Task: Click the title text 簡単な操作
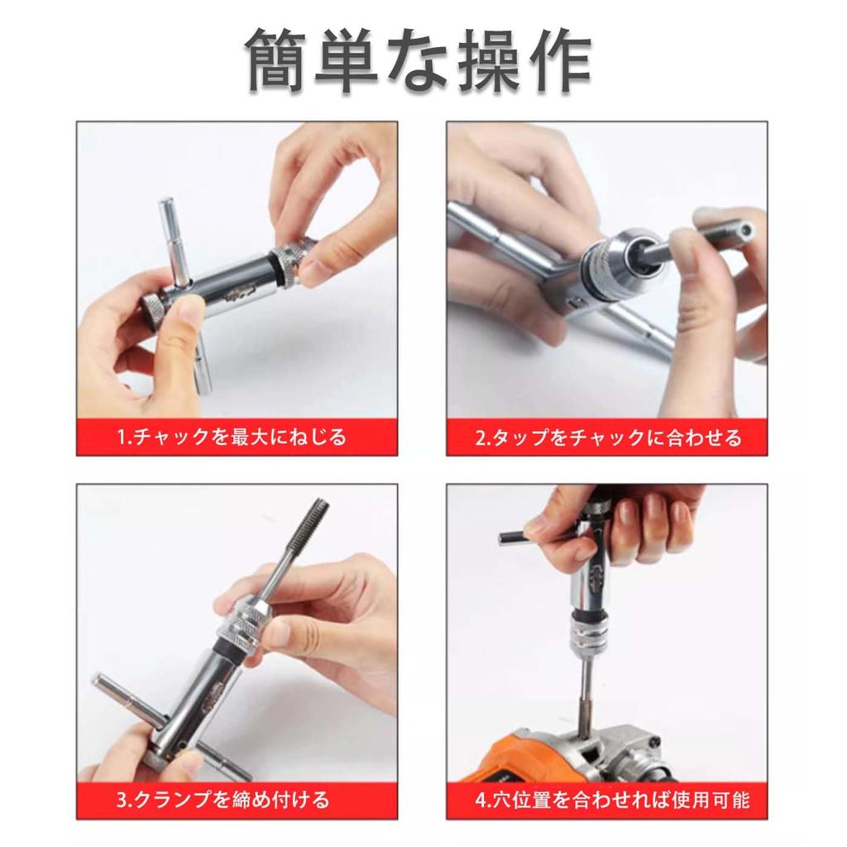click(419, 62)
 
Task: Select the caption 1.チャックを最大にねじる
click(231, 437)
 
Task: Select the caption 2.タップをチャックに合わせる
click(608, 437)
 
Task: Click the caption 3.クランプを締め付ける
click(223, 799)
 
